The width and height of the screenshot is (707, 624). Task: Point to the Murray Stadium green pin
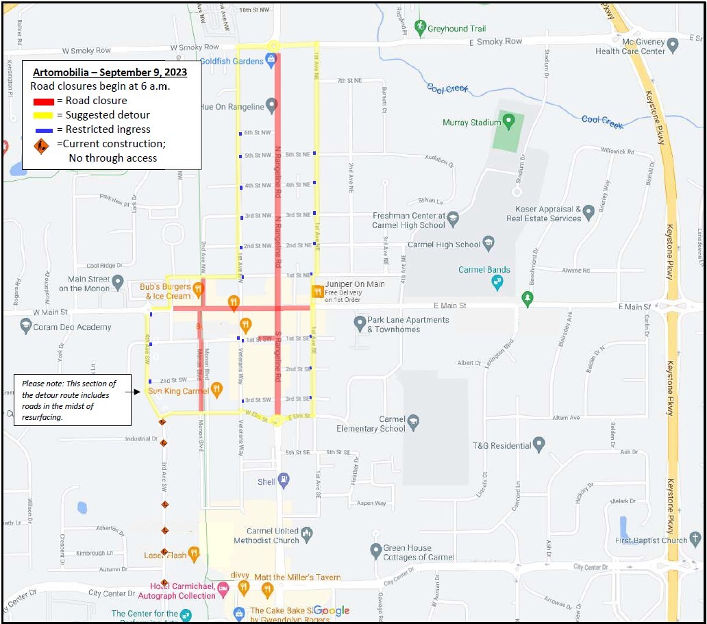(508, 122)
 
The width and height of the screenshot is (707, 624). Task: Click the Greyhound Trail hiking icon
(420, 27)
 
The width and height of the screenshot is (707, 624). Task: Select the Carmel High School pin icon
(488, 243)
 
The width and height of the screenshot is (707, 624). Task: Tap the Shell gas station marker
(284, 480)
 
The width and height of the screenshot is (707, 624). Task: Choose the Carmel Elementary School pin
(413, 422)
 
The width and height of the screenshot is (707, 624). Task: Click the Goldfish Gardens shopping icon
(272, 61)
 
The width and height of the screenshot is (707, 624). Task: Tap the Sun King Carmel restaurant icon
(217, 390)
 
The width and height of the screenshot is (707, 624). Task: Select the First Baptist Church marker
(695, 539)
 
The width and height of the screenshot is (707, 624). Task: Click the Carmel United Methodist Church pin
(308, 533)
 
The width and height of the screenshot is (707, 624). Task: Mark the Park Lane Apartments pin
(360, 322)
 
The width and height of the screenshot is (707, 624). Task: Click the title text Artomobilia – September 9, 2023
(110, 72)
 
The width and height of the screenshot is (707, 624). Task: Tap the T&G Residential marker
(539, 445)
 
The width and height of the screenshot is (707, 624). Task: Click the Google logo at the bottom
(332, 610)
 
